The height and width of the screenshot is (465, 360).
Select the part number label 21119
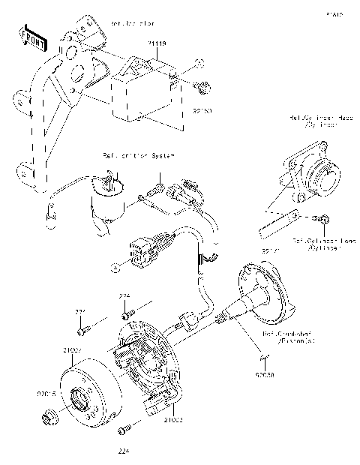coord(157,45)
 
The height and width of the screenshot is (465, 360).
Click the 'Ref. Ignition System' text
coord(138,156)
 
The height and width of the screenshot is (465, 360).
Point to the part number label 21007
coord(72,351)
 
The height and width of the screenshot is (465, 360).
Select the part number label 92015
coord(46,391)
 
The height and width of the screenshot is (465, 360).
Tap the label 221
coord(80,311)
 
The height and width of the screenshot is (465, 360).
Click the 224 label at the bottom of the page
coord(124,451)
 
